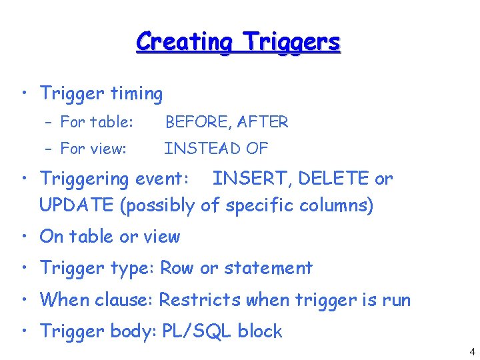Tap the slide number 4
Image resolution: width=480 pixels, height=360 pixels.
pos(472,352)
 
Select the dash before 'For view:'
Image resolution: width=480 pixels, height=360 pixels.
pos(51,149)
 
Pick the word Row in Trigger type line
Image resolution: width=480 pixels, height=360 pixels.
pos(178,268)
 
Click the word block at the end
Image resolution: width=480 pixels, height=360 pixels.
pos(260,331)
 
